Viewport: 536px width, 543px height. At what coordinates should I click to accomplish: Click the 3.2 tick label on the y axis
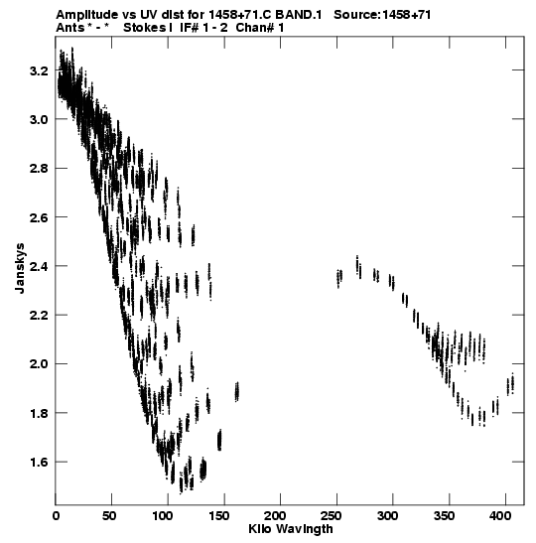tap(39, 71)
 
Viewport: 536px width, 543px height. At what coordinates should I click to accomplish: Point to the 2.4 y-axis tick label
tap(39, 267)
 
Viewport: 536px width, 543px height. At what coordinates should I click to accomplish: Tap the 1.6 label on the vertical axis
tap(39, 463)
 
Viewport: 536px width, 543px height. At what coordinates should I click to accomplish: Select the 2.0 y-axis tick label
tap(39, 365)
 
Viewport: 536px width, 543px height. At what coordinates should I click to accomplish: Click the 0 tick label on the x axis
tap(56, 516)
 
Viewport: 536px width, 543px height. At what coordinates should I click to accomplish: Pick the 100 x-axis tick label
tap(162, 516)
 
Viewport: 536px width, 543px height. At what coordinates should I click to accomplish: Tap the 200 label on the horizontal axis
tap(275, 516)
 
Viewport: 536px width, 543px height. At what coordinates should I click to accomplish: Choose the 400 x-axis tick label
tap(499, 516)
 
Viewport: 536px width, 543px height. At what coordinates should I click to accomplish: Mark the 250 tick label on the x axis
tap(331, 516)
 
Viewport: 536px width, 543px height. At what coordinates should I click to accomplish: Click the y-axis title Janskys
tap(20, 268)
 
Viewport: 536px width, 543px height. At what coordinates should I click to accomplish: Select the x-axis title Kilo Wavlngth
tap(291, 529)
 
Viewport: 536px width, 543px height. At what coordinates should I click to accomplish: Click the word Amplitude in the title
tap(86, 15)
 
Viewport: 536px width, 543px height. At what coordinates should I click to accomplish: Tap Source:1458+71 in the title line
tap(382, 15)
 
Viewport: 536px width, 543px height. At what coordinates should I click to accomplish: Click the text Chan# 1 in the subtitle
tap(260, 28)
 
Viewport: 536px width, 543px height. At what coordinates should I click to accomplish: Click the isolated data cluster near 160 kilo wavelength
tap(237, 392)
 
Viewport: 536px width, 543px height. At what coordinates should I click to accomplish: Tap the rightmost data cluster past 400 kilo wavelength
tap(510, 384)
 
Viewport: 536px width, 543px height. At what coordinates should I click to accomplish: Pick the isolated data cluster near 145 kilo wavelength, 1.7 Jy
tap(219, 440)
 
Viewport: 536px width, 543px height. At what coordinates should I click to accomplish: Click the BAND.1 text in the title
tap(299, 15)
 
